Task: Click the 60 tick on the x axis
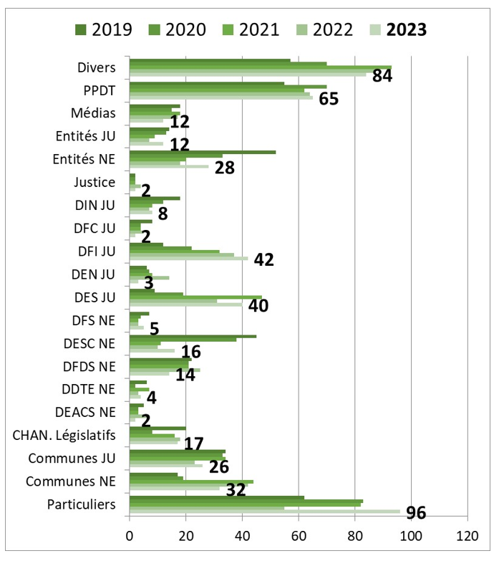(299, 534)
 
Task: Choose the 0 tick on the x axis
(130, 534)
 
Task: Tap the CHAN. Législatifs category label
(64, 435)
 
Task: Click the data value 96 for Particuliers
(416, 513)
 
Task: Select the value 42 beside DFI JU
(264, 260)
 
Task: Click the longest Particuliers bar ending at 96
(265, 511)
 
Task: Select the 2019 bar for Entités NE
(203, 152)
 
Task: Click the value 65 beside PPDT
(329, 98)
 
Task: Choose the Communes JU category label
(83, 459)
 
